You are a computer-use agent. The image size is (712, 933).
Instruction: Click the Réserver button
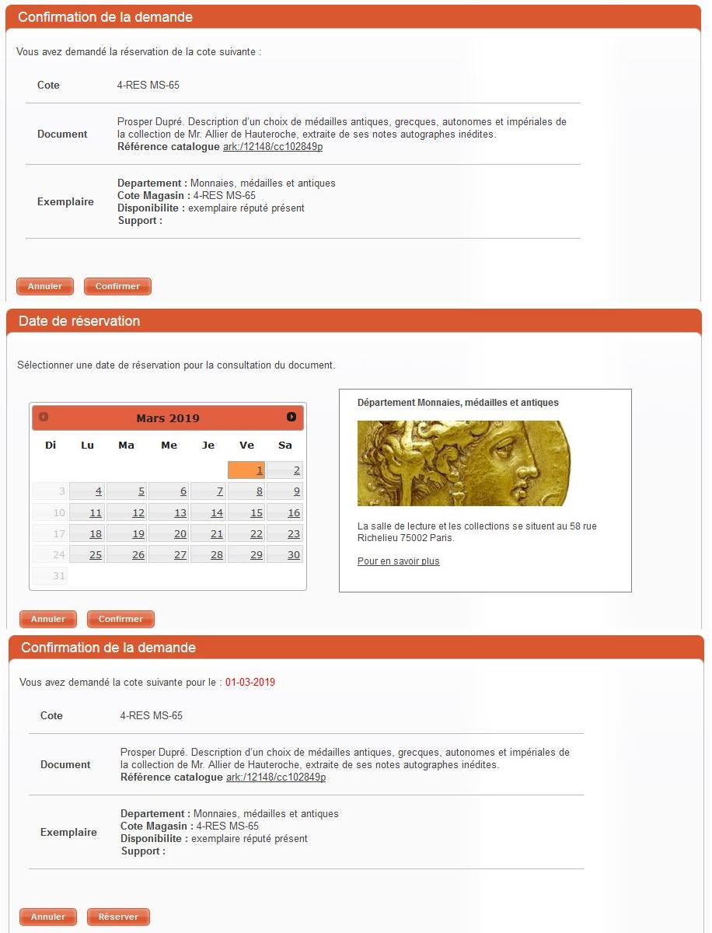[x=118, y=917]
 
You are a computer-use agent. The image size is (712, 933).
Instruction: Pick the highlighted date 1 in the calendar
[x=246, y=470]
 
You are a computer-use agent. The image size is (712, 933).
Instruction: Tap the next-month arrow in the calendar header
[x=291, y=418]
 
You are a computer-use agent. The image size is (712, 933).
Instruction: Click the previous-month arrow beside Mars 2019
[x=44, y=418]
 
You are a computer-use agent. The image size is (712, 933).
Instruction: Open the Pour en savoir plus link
[x=398, y=561]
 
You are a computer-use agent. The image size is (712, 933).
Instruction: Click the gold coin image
[x=463, y=463]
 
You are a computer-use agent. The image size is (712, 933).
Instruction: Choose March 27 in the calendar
[x=169, y=554]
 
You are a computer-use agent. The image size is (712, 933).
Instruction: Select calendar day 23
[x=284, y=533]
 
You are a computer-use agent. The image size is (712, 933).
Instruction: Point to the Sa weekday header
[x=285, y=446]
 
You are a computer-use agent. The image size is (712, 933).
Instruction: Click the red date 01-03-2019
[x=250, y=683]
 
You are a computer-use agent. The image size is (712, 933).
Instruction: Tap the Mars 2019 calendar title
[x=168, y=418]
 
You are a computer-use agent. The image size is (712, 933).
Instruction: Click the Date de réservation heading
[x=79, y=321]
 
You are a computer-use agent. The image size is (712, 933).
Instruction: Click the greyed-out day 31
[x=50, y=575]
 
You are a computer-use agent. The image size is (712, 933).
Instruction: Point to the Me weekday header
[x=169, y=446]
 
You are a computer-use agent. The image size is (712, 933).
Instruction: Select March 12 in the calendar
[x=127, y=512]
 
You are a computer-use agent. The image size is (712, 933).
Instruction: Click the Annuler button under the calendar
[x=48, y=619]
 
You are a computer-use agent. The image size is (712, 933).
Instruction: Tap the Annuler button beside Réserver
[x=48, y=917]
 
